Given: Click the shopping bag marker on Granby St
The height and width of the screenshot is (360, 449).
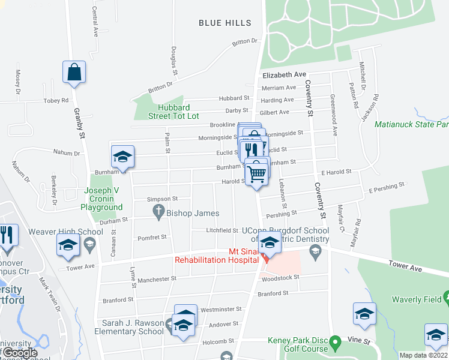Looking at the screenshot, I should pos(74,72).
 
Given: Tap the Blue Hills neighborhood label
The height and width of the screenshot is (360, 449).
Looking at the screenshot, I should pos(225,23).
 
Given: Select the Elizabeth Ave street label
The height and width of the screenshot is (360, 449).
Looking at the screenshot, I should pos(284,74).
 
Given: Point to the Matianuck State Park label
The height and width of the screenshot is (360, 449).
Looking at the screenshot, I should pos(411,125).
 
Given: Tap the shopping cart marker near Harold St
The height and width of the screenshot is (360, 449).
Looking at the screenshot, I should pos(257,173).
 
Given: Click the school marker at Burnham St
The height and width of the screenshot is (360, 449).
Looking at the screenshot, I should pos(122,157).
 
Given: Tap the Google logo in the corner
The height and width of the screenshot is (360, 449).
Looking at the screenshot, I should pos(20,353).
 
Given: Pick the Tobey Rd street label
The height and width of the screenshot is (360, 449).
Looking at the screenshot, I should pos(56,101).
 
